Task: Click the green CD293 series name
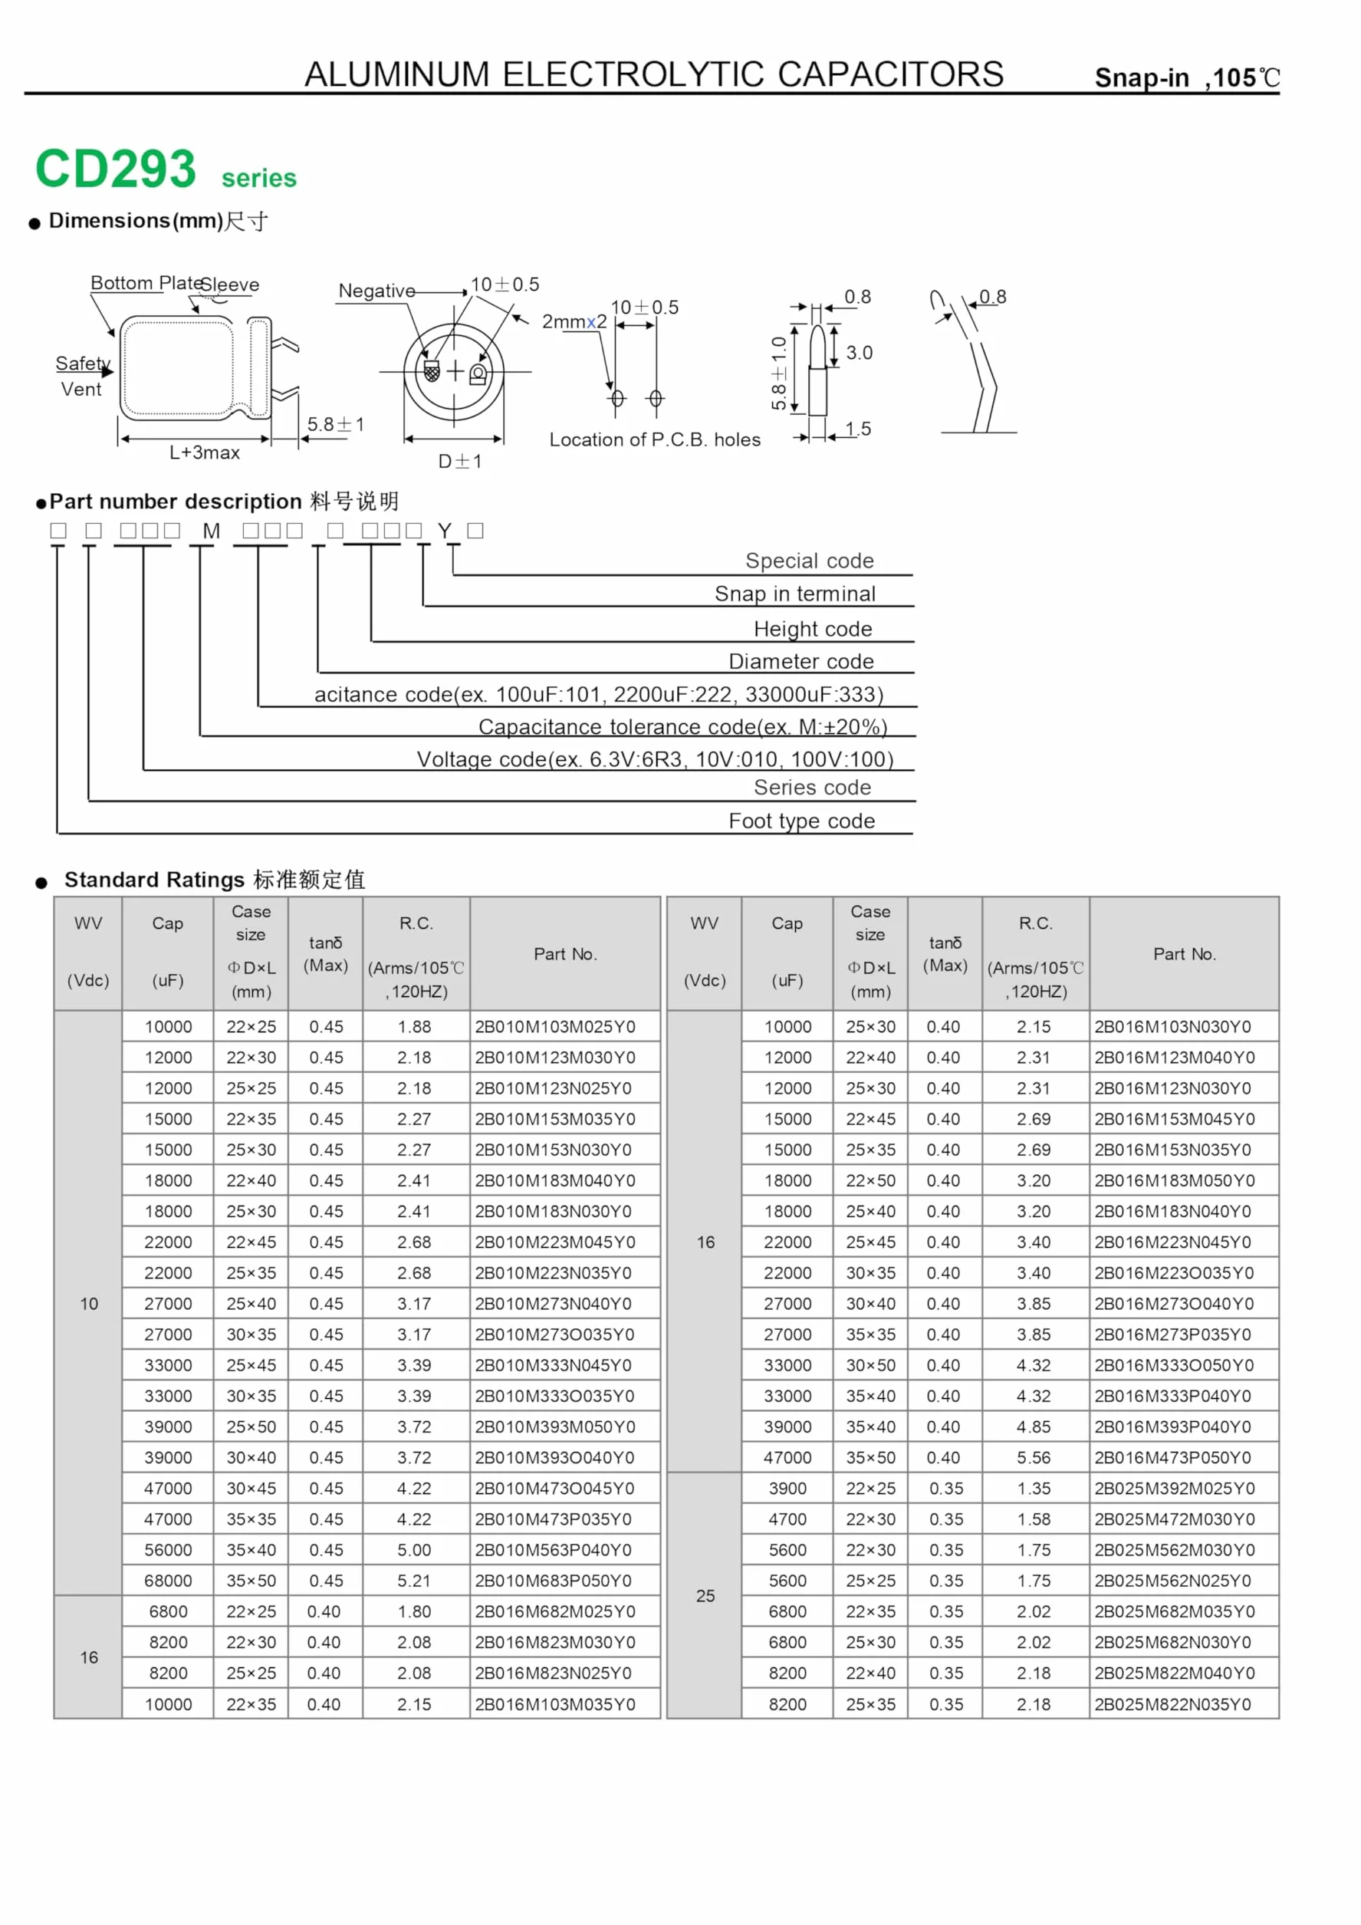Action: tap(166, 169)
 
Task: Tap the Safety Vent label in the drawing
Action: tap(82, 376)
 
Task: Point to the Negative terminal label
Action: tap(377, 291)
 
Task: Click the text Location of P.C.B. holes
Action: tap(656, 439)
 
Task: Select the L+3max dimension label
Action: tap(205, 452)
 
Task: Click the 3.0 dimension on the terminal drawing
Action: tap(859, 352)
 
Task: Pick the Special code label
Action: tap(810, 560)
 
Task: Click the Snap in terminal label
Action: tap(795, 594)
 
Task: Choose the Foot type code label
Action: tap(802, 821)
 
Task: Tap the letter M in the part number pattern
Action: tap(211, 531)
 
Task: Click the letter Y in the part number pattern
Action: tap(444, 531)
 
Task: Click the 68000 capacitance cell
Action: tap(168, 1581)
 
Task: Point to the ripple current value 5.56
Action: tap(1034, 1457)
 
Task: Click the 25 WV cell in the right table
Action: tap(705, 1595)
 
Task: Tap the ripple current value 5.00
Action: tap(414, 1549)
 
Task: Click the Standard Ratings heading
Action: tap(215, 880)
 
